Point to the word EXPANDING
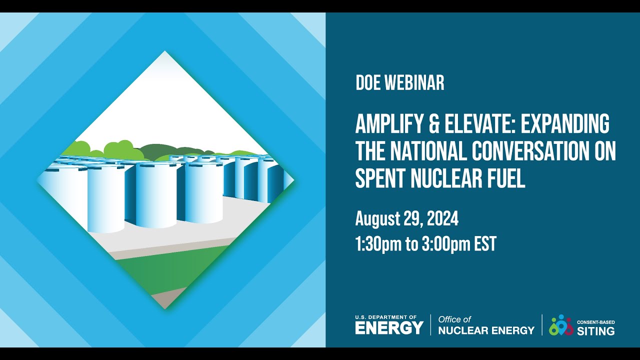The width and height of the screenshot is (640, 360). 565,124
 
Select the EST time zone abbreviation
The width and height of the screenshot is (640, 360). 485,244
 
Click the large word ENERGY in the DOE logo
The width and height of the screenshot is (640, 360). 389,328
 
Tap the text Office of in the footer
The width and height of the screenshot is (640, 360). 454,319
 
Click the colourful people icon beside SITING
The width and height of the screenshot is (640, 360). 560,325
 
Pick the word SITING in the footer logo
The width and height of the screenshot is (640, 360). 596,331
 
